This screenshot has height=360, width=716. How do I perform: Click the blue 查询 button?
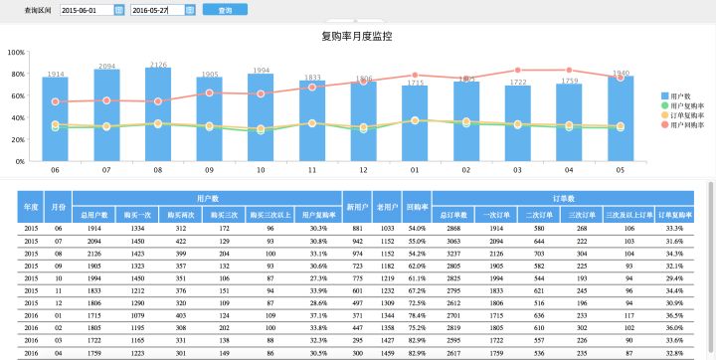coord(224,10)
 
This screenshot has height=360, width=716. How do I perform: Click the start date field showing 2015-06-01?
coord(86,10)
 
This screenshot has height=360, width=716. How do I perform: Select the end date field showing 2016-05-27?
coord(156,10)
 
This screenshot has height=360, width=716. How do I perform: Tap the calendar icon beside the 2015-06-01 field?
coord(119,10)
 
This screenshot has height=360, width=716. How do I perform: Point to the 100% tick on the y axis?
coord(16,53)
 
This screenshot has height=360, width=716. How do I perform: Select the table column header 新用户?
coord(357,207)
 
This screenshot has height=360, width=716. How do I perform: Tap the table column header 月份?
coord(59,207)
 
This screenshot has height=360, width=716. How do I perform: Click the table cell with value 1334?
coord(137,228)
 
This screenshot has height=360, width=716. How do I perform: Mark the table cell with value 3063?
coord(453,241)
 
